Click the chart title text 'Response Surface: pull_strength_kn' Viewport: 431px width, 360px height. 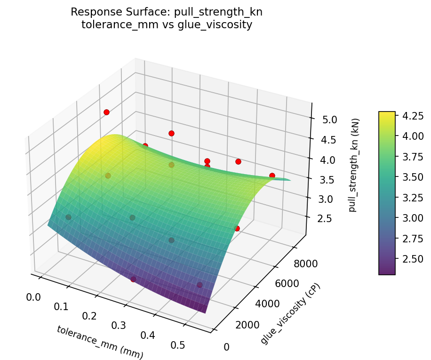(167, 12)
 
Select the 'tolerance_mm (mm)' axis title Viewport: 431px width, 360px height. (100, 343)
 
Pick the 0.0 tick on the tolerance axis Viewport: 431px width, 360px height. (33, 297)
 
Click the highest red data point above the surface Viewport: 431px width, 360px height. (106, 112)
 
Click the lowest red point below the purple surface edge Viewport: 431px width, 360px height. (133, 279)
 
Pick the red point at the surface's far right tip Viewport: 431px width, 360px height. (272, 176)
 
